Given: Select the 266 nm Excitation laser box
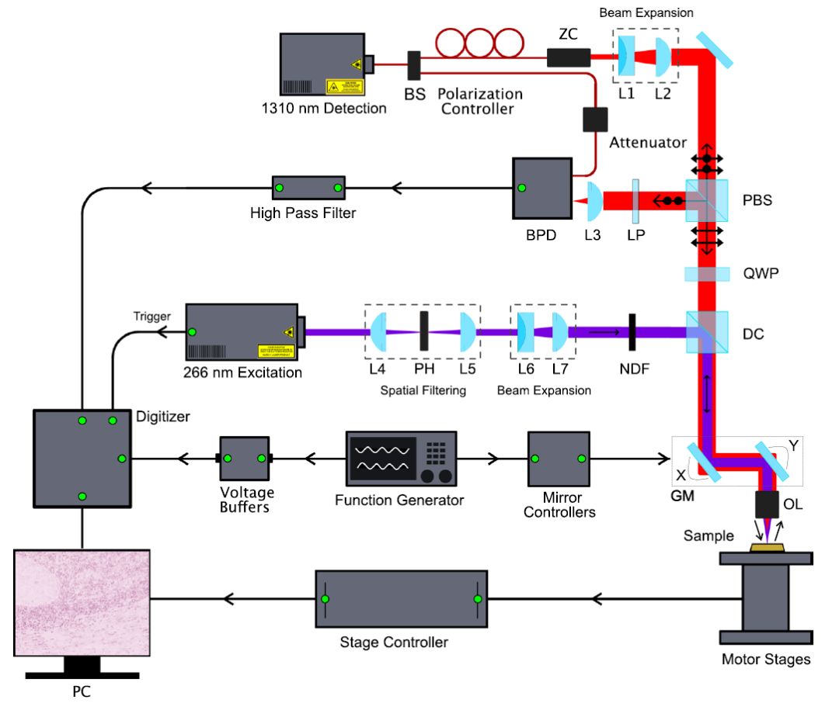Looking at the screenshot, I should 241,332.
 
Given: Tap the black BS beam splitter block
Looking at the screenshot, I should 414,65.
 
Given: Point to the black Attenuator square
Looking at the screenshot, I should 595,119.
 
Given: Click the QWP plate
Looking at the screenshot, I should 706,273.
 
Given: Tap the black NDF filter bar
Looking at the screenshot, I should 633,332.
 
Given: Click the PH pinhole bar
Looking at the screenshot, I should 424,331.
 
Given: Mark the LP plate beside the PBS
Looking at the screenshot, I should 635,200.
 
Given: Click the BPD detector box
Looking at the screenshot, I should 541,189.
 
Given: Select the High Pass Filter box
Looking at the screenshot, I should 308,188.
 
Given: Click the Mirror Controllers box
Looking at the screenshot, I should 559,459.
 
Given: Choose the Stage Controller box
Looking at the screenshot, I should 402,599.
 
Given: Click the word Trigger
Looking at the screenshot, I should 151,317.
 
